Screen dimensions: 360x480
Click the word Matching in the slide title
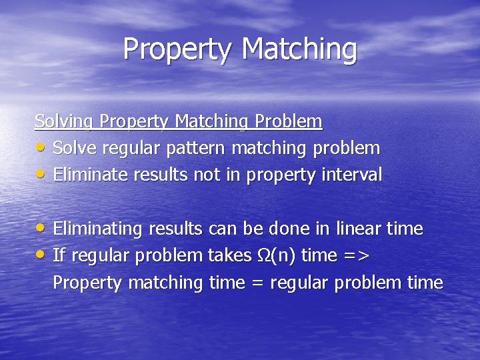[x=299, y=49]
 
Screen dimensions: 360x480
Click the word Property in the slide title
[x=177, y=49]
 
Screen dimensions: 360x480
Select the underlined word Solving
[x=65, y=121]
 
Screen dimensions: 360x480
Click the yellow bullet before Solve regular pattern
[x=41, y=147]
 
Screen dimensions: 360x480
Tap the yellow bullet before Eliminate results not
[x=41, y=175]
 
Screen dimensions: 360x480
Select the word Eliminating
[x=98, y=229]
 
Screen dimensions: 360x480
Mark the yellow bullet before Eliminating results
[x=41, y=229]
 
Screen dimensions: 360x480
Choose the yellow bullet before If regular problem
[x=41, y=255]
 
